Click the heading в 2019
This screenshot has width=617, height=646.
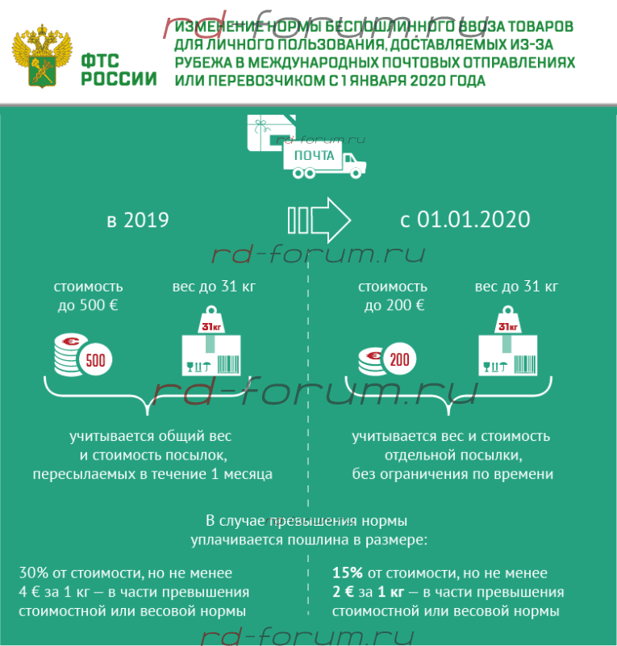(138, 220)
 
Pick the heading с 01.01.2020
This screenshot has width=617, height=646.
(465, 220)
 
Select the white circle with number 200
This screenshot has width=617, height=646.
(398, 359)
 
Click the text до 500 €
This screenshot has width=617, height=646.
(88, 305)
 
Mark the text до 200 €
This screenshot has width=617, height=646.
(393, 305)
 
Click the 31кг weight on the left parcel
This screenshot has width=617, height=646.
(211, 324)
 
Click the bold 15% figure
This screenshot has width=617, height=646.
(347, 573)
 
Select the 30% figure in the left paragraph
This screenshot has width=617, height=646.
(33, 573)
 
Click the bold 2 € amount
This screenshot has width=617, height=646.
(341, 592)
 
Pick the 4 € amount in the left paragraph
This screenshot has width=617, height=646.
(28, 592)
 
